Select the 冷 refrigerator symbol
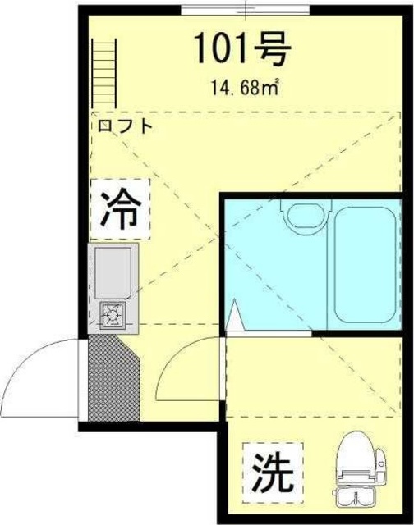click(120, 209)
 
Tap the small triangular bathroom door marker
click(235, 317)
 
